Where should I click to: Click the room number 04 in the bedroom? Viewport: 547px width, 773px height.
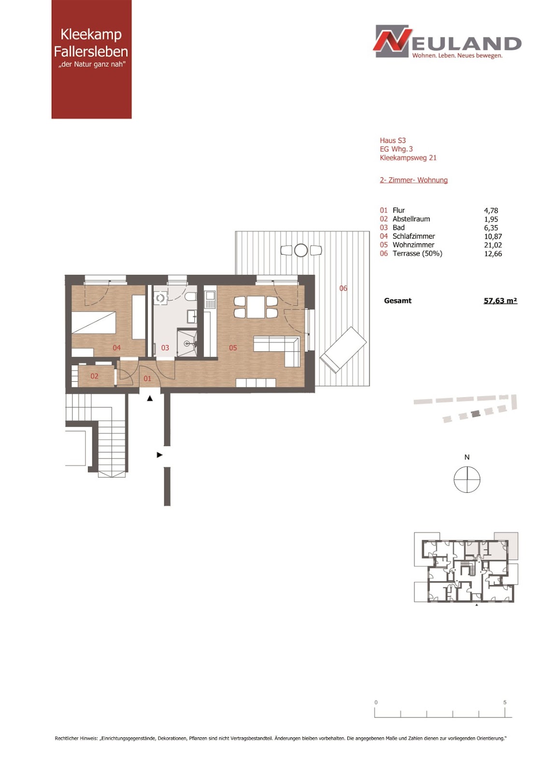pos(116,348)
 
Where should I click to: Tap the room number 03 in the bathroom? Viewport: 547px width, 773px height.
pos(165,348)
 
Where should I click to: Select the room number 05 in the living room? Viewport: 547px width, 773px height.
pos(233,348)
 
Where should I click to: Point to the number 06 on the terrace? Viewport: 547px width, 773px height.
pos(343,288)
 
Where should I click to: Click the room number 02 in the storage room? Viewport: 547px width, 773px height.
pos(94,376)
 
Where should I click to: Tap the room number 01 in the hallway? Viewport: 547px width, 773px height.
pos(147,379)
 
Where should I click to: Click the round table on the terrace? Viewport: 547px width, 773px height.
pos(301,250)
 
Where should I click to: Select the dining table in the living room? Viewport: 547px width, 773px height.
pos(256,307)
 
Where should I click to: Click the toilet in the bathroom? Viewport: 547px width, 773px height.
pos(190,297)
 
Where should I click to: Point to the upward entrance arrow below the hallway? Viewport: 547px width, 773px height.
pos(150,398)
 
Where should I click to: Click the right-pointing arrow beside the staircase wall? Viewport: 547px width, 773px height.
pos(159,455)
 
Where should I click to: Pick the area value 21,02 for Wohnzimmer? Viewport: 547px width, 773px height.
pos(493,245)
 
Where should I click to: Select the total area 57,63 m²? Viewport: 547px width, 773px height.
pos(501,301)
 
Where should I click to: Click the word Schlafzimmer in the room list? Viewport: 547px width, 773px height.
pos(414,236)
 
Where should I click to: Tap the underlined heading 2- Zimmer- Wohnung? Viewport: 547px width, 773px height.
pos(414,180)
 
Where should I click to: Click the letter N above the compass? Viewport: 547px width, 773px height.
pos(467,457)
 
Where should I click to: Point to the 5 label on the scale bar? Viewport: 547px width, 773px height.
pos(505,702)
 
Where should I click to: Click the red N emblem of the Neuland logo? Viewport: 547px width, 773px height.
pos(392,41)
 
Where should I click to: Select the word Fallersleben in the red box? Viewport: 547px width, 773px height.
pos(91,51)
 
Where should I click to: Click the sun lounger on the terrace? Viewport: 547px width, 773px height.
pos(343,350)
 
